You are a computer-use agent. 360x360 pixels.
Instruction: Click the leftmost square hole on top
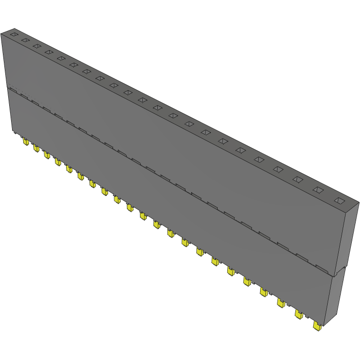click(14, 35)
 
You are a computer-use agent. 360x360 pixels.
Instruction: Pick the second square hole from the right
click(318, 190)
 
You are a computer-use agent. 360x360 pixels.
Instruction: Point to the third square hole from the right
click(298, 180)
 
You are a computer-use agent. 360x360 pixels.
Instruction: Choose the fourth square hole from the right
click(278, 169)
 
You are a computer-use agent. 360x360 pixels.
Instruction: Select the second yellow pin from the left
click(36, 148)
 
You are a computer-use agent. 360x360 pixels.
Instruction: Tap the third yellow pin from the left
click(46, 155)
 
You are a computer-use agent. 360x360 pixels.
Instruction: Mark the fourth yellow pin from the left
click(57, 162)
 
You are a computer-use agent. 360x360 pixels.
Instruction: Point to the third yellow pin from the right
click(281, 303)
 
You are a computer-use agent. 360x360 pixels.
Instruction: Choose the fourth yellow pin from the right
click(264, 292)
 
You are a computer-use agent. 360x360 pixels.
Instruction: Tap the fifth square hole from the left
click(61, 58)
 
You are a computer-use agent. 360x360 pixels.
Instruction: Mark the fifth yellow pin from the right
click(247, 281)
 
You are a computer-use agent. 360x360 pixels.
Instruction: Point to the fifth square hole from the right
click(259, 159)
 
